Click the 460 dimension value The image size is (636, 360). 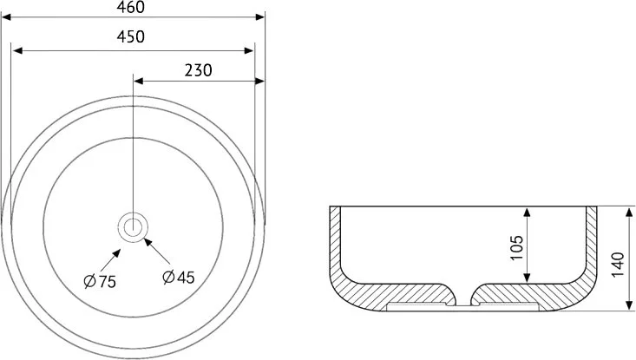coord(131,7)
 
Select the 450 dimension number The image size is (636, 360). coord(131,37)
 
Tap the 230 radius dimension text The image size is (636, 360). coord(198,70)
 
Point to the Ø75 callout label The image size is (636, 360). coord(100,281)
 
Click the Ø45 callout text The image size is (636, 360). coord(179,278)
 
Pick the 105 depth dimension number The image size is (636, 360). coord(516,248)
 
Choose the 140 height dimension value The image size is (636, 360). coord(618,265)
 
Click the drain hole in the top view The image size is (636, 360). coord(133,227)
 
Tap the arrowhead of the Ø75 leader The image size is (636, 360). coord(116,253)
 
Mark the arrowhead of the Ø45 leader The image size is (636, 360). coord(148,242)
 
